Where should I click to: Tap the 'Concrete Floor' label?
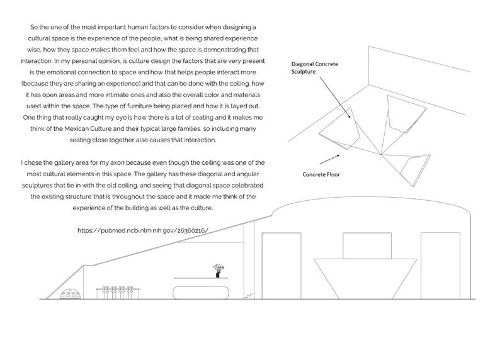(x=322, y=174)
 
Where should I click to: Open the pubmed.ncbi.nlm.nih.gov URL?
(x=142, y=231)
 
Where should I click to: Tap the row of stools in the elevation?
(x=114, y=293)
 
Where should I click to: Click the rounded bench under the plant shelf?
(x=201, y=293)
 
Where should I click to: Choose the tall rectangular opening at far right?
(x=436, y=266)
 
